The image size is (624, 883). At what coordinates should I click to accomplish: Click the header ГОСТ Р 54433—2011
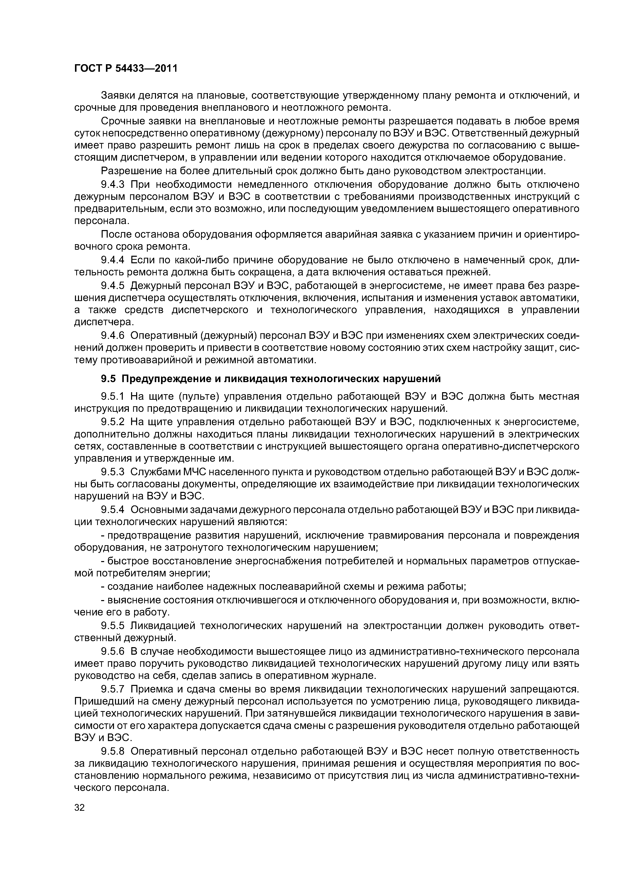click(125, 69)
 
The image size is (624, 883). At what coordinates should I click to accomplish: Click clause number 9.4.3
click(113, 185)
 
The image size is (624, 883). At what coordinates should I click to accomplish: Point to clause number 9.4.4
click(113, 260)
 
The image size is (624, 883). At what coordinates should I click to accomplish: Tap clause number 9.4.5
click(113, 286)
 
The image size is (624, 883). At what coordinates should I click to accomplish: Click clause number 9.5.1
click(113, 396)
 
